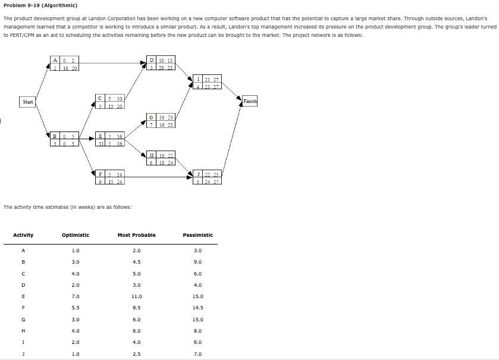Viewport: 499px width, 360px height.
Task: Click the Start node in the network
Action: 27,102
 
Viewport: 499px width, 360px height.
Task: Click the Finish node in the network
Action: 250,101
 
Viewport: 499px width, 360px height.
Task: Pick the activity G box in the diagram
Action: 161,121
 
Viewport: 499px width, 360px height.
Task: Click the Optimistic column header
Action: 76,235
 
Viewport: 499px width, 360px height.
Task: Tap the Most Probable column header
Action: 136,235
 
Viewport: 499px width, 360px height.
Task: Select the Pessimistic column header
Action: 198,235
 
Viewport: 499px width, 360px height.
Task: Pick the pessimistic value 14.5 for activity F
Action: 198,308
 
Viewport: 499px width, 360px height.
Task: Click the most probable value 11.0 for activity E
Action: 136,296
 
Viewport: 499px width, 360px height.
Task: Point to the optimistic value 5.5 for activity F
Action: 76,308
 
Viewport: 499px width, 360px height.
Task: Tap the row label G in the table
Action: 22,320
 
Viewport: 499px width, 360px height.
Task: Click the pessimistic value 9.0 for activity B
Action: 198,262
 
